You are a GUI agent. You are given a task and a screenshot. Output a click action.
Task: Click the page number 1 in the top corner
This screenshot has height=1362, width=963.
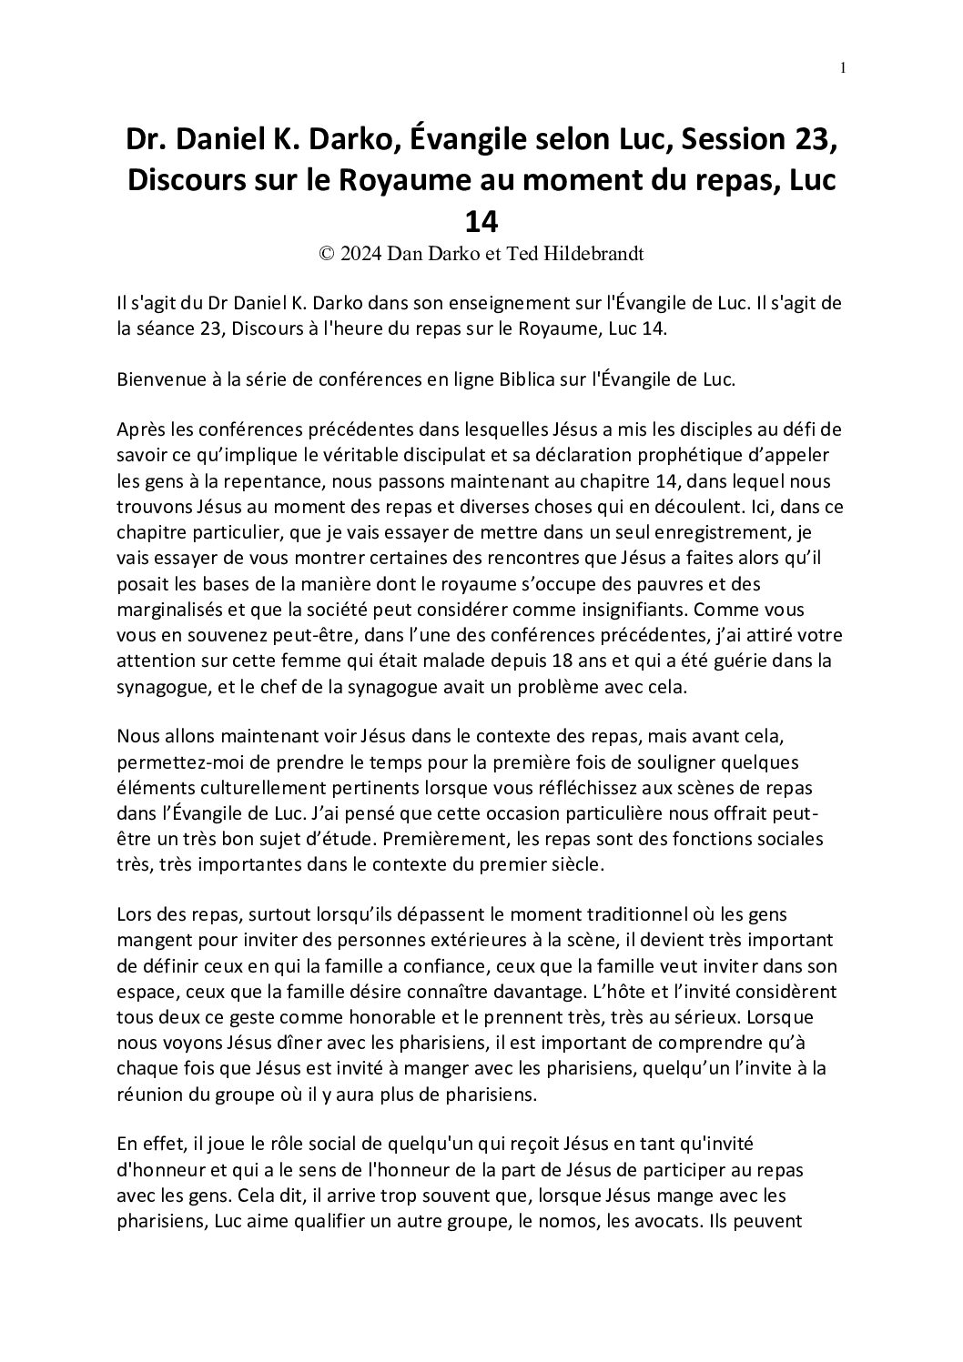pyautogui.click(x=844, y=67)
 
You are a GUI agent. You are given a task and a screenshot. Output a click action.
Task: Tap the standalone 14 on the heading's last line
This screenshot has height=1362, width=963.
pyautogui.click(x=481, y=221)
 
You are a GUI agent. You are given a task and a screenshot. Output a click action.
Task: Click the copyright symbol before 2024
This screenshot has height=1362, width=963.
pyautogui.click(x=326, y=255)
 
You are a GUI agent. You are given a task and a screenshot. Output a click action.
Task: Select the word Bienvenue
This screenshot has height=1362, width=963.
pyautogui.click(x=157, y=380)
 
